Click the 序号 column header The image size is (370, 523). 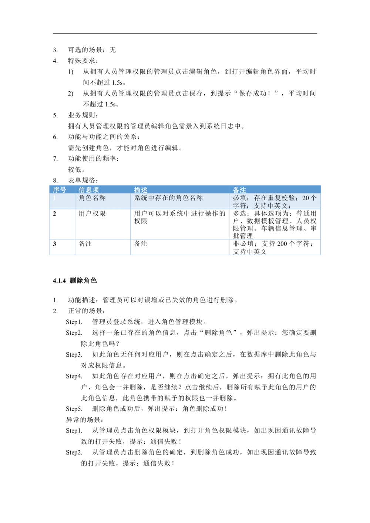coord(59,190)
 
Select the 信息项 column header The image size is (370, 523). coord(88,190)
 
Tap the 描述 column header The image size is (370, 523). coord(141,190)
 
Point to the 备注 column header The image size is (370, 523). coord(239,190)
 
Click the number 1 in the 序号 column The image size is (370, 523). coord(54,198)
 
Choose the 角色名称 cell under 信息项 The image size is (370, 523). coord(92,198)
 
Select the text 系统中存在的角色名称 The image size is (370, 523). coord(168,198)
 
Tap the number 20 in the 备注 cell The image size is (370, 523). coord(306,198)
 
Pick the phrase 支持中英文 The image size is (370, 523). coord(270,206)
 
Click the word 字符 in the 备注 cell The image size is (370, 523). coord(239,206)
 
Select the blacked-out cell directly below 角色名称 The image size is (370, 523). coord(102,223)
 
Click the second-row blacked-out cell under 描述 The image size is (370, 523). coord(180,223)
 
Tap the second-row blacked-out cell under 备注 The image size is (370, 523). coord(275,223)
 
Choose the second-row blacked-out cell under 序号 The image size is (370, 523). coord(62,223)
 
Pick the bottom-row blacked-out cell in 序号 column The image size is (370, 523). coord(62,248)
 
